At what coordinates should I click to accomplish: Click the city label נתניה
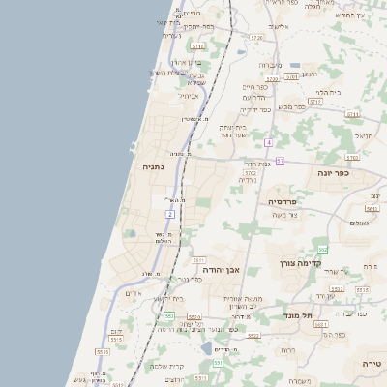[153, 166]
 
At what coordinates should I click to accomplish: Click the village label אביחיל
[189, 96]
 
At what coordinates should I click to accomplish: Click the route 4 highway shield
[268, 142]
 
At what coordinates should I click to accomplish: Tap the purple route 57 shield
[280, 161]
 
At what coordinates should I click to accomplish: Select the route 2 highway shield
[170, 213]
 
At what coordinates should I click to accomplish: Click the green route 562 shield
[323, 250]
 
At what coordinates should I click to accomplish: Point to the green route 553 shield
[168, 316]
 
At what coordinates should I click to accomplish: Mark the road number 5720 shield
[255, 37]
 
